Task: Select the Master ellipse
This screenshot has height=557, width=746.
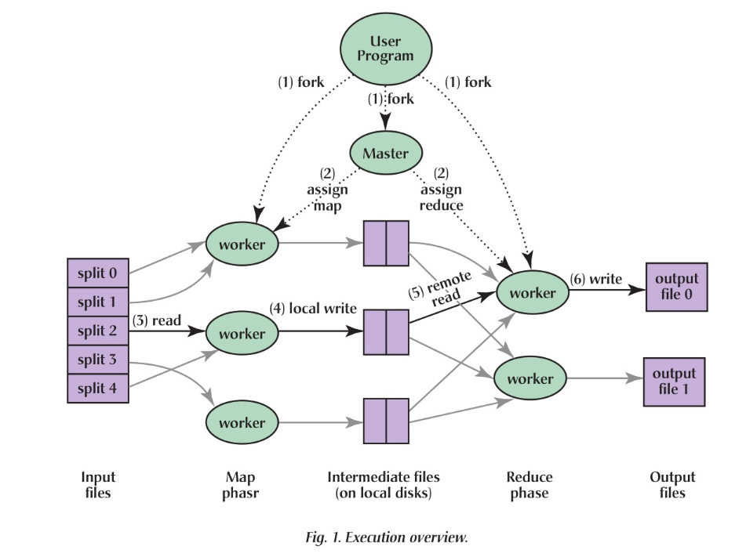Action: tap(385, 154)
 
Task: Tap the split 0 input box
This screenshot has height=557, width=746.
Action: tap(97, 273)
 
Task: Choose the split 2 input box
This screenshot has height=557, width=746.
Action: tap(97, 331)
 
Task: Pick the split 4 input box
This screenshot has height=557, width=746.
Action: tap(97, 388)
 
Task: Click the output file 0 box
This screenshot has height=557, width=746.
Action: tap(675, 287)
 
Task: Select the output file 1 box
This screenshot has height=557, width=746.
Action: tap(674, 382)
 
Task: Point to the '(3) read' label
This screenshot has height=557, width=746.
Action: tap(157, 320)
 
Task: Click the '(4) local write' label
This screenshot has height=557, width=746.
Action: tap(313, 309)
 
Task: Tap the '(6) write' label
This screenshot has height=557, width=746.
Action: tap(597, 278)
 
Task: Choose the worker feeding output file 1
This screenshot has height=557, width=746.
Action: tap(530, 379)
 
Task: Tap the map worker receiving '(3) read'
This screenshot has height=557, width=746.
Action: tap(242, 334)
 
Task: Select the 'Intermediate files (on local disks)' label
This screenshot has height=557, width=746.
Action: tap(384, 485)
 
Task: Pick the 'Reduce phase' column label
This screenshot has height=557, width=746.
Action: tap(529, 485)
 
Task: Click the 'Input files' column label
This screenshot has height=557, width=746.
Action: tap(98, 485)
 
